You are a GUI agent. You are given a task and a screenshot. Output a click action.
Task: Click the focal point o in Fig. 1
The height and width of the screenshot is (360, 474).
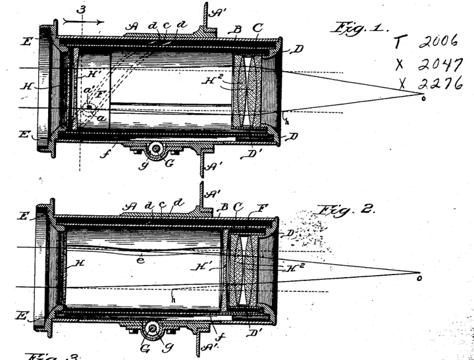(423, 99)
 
